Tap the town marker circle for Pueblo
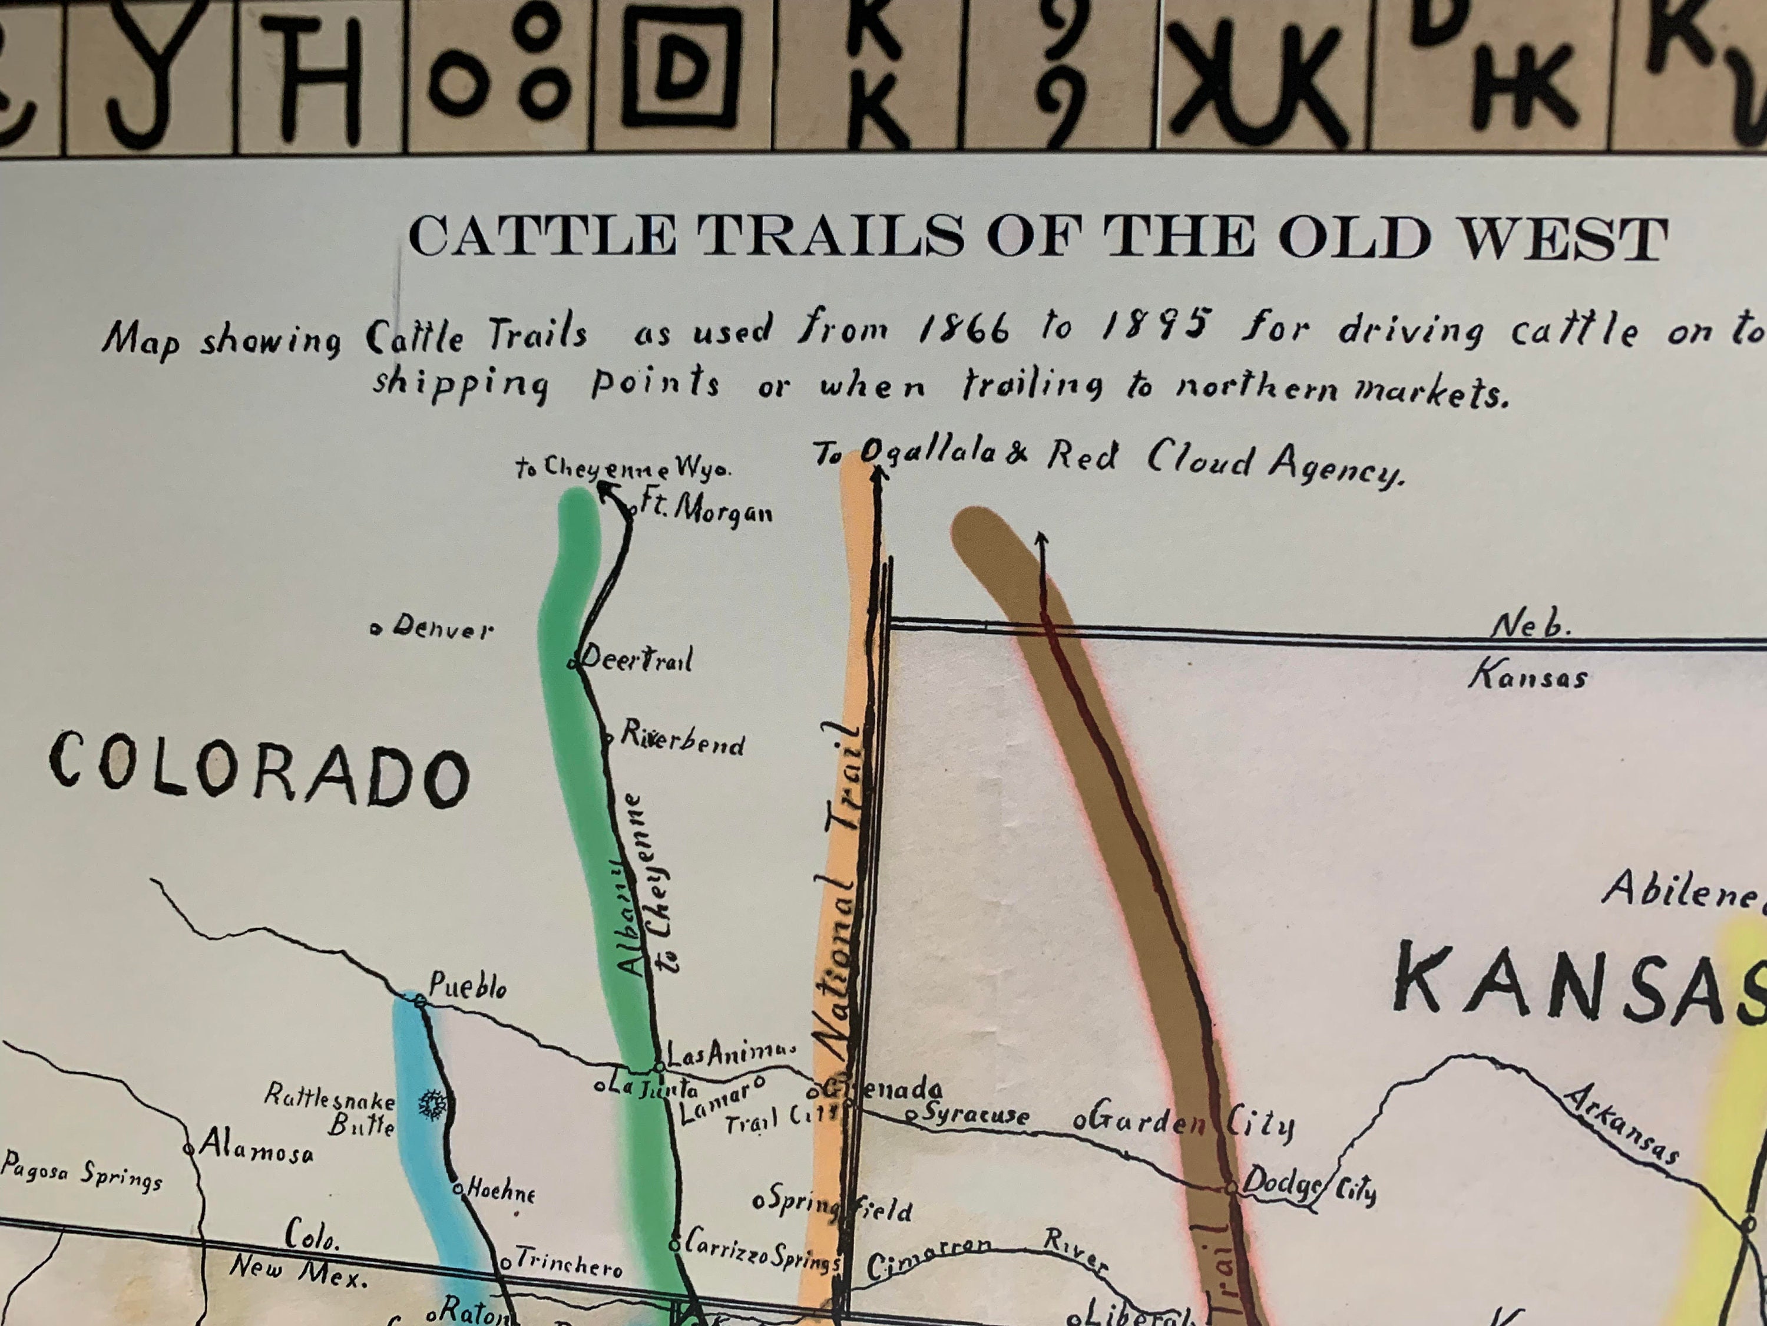coord(419,1001)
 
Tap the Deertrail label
coord(637,659)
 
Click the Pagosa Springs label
coord(81,1173)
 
